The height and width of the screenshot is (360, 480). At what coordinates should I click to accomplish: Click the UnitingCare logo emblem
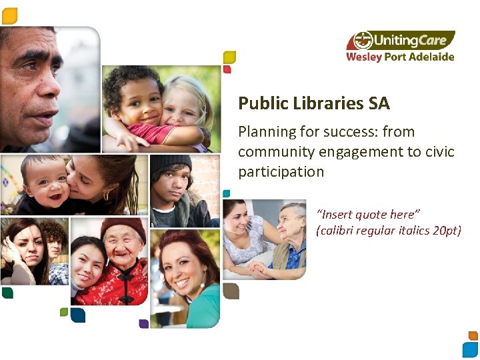tap(363, 41)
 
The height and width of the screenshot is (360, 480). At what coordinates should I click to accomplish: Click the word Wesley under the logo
tap(364, 57)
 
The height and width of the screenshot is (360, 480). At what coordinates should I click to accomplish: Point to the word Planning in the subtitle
tap(266, 131)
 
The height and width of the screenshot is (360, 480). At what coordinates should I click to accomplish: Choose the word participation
tap(281, 171)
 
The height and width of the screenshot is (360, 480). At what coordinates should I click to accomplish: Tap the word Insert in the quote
tap(337, 214)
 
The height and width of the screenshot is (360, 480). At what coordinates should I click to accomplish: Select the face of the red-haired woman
tap(184, 267)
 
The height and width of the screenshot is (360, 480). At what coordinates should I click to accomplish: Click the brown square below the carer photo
tap(231, 291)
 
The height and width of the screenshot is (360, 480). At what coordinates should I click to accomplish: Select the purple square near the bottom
tap(143, 323)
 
